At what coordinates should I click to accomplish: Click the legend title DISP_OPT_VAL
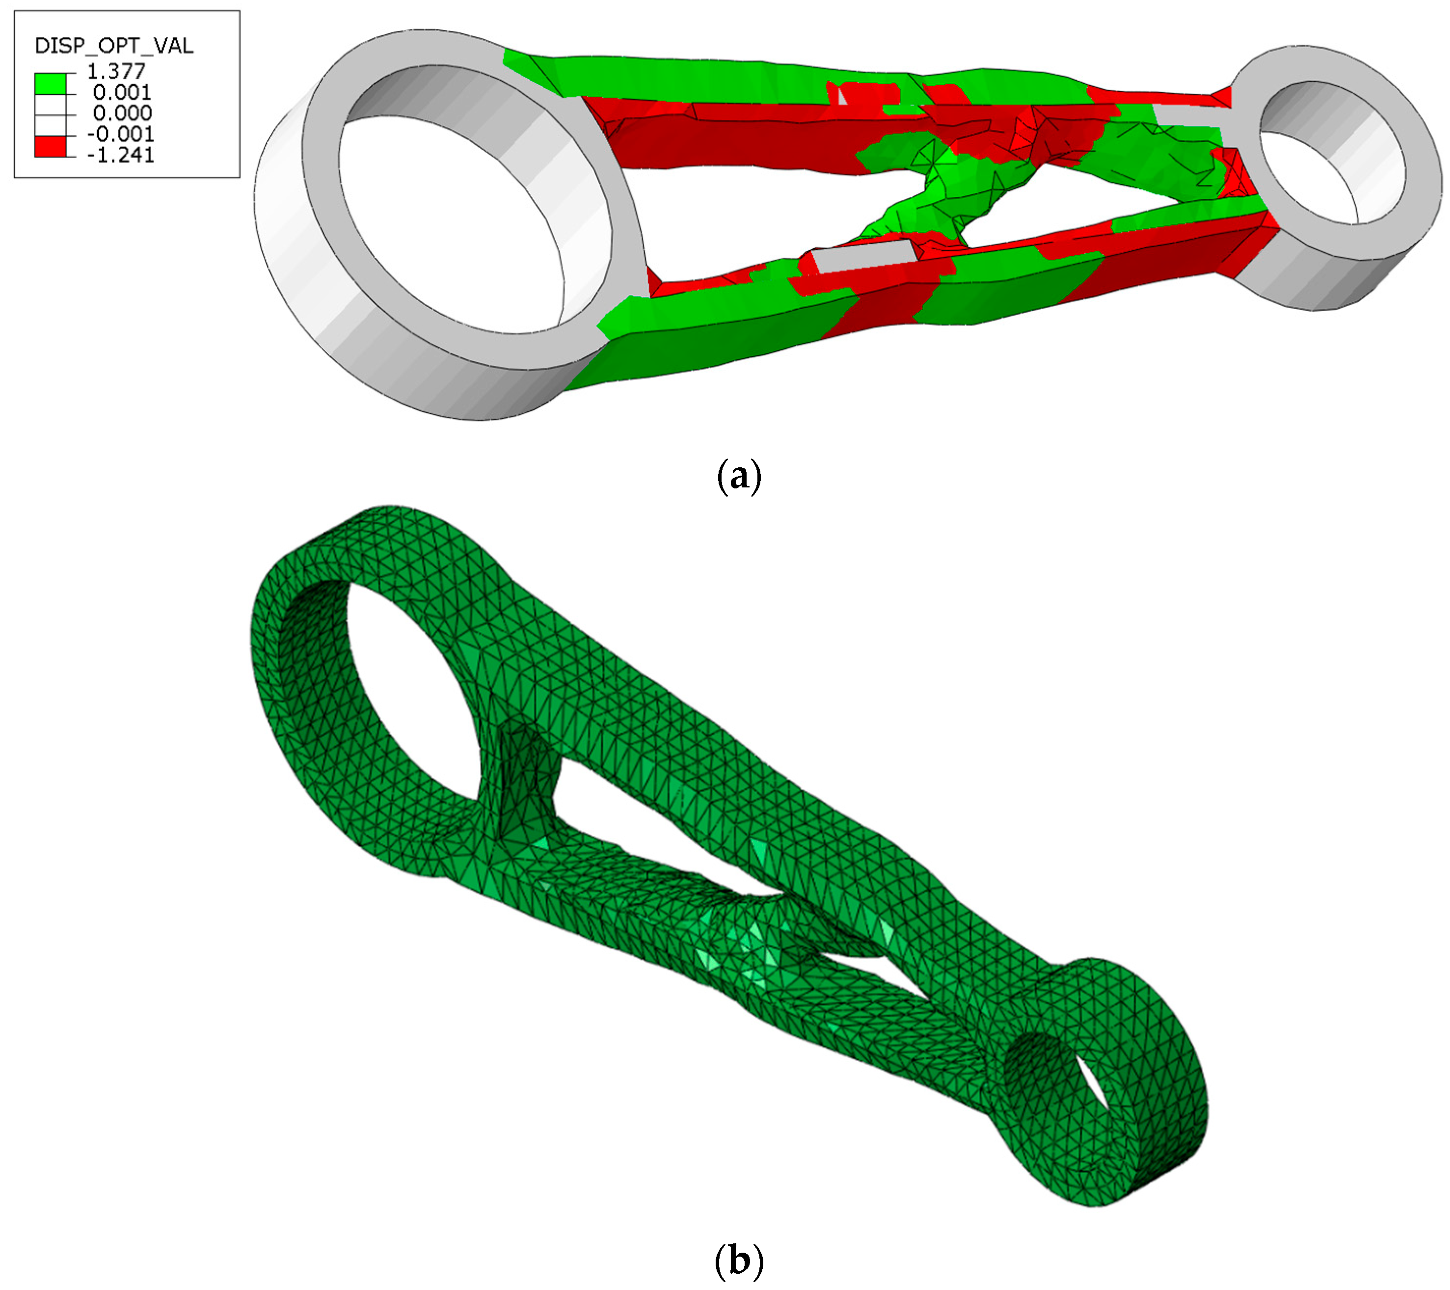[x=113, y=46]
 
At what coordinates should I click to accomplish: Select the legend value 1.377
[x=116, y=71]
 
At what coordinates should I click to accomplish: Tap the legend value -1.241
[x=121, y=155]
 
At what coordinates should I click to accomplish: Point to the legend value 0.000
[x=122, y=113]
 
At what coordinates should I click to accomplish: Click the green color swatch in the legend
[x=50, y=84]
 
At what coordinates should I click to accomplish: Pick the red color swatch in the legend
[x=50, y=147]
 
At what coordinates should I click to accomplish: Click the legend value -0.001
[x=121, y=134]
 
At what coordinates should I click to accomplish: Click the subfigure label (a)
[x=738, y=476]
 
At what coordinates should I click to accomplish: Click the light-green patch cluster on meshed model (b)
[x=745, y=944]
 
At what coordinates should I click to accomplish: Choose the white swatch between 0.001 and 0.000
[x=50, y=105]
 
